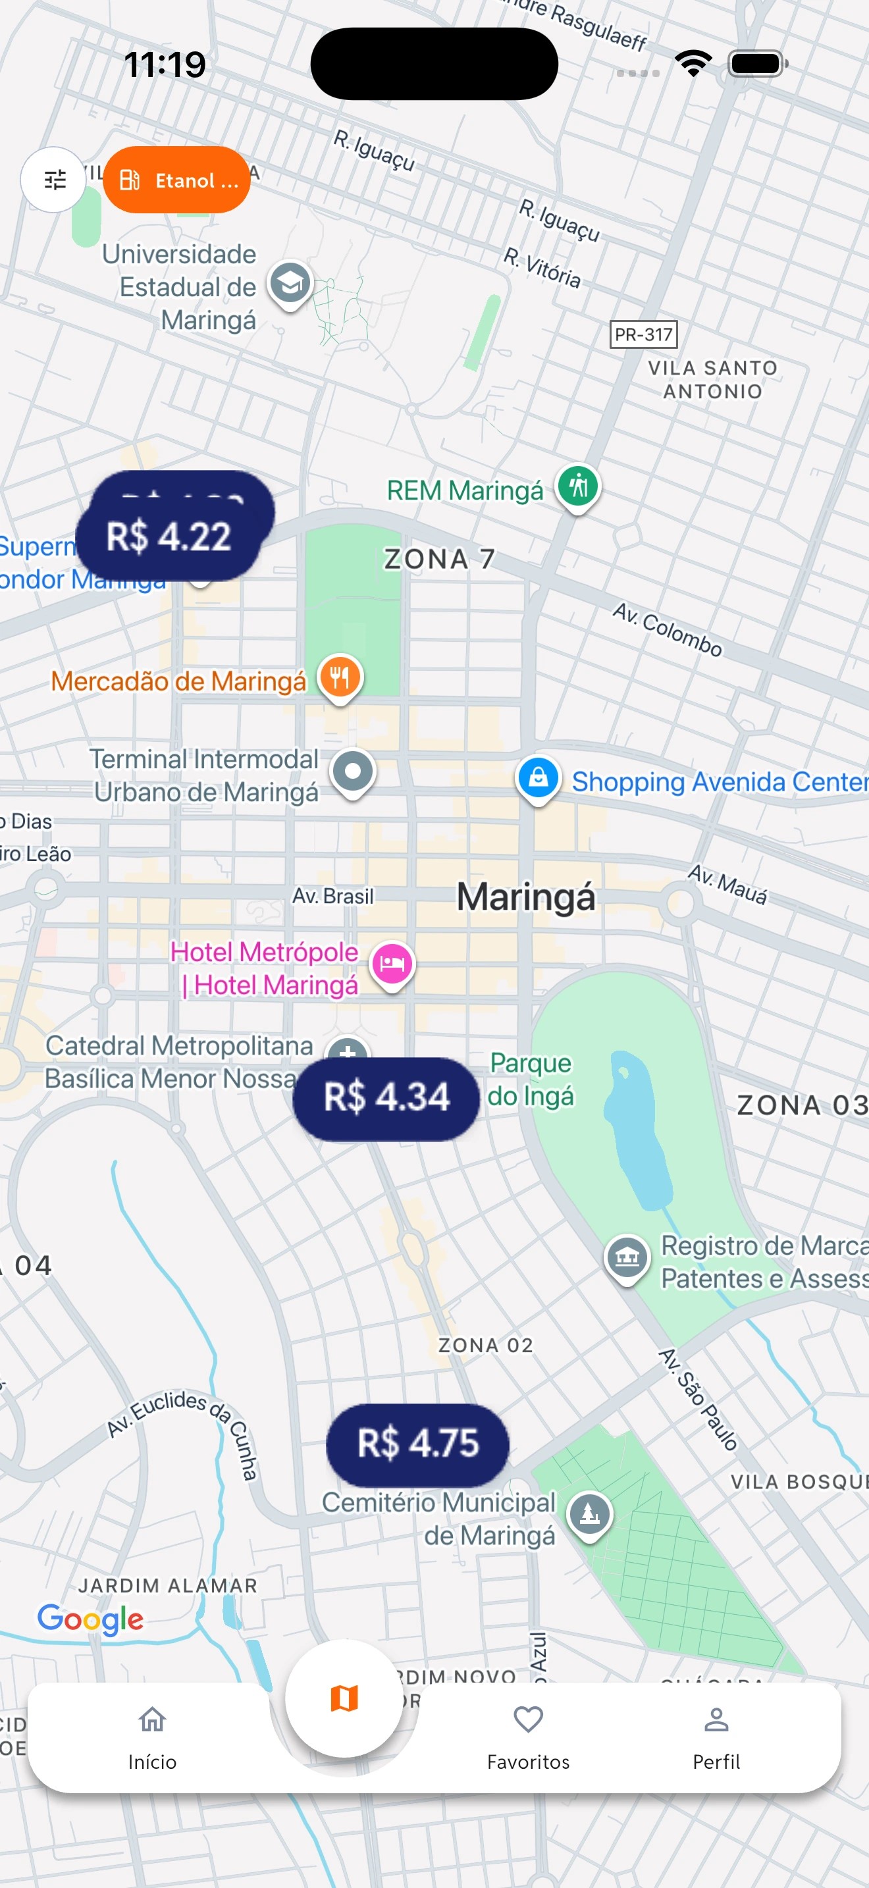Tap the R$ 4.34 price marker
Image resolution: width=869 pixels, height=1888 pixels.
click(386, 1097)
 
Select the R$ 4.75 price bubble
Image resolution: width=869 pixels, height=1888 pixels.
click(417, 1443)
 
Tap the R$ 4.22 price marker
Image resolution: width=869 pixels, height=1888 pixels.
click(169, 537)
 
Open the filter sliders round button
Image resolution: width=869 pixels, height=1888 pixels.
click(54, 180)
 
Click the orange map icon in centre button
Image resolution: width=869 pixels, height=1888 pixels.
click(344, 1698)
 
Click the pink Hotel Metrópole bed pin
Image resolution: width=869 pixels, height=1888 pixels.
click(392, 963)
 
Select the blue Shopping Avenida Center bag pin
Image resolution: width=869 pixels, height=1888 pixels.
click(539, 777)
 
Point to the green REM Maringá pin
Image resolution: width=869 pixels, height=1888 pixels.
click(578, 486)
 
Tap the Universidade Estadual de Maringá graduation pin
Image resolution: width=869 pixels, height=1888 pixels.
click(290, 283)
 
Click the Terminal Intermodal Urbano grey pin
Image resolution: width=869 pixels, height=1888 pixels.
click(353, 772)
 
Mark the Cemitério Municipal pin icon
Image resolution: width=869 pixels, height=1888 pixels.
click(590, 1513)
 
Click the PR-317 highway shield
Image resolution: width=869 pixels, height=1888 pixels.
click(643, 334)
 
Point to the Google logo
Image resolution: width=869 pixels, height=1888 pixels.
click(90, 1619)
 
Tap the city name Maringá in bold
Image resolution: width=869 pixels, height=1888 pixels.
click(526, 897)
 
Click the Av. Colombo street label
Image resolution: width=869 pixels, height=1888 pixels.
click(668, 629)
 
